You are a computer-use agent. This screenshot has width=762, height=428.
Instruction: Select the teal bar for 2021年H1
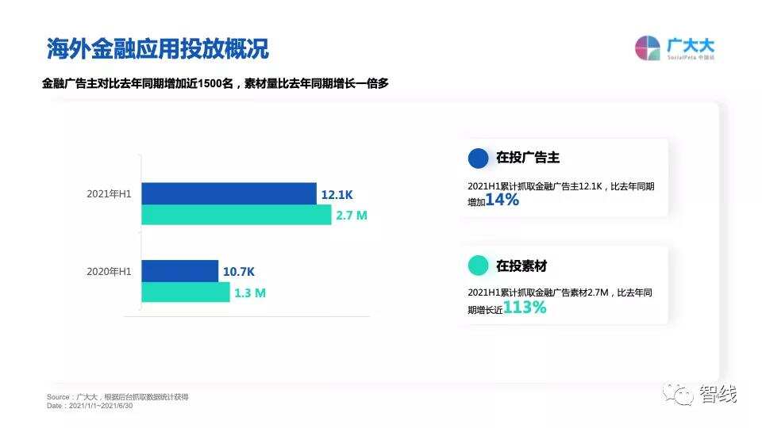pos(236,215)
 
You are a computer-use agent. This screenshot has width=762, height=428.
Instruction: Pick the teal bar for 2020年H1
pos(185,292)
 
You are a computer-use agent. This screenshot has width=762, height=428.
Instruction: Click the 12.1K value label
pos(337,194)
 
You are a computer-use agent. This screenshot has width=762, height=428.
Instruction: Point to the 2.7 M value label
pos(352,216)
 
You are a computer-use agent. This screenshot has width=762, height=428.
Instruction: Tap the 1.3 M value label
pos(250,293)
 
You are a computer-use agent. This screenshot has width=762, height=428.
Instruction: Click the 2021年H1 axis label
pos(110,194)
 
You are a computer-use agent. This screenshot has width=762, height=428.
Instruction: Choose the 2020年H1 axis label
pos(110,272)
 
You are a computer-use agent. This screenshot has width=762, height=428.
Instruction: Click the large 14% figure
pos(502,201)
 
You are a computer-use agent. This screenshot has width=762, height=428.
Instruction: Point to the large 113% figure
pos(525,308)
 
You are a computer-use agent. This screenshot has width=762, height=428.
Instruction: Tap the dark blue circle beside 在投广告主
pos(479,158)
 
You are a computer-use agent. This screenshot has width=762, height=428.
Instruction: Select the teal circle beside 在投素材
pos(479,266)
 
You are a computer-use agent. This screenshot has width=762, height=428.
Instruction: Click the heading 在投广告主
pos(528,158)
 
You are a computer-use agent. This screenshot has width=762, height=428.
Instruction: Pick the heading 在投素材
pos(521,266)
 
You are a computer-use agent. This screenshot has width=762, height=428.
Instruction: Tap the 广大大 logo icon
pos(648,48)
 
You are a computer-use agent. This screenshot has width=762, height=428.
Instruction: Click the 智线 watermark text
pos(718,393)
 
